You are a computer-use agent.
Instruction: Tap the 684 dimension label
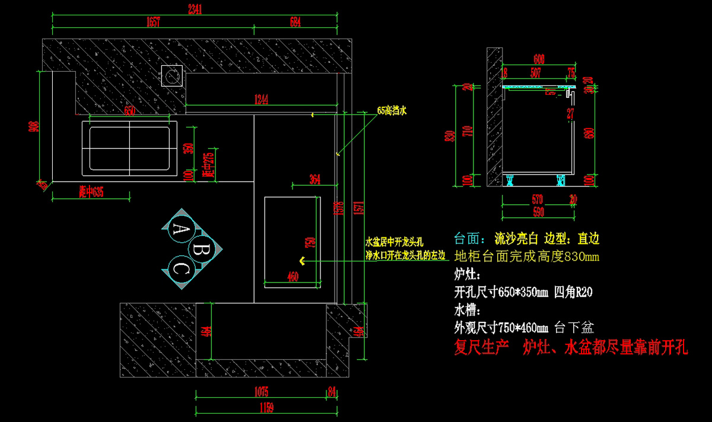(x=295, y=23)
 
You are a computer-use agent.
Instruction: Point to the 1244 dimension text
(x=262, y=99)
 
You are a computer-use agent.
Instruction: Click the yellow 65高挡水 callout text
(x=392, y=110)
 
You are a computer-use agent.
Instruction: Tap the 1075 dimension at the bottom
(x=262, y=392)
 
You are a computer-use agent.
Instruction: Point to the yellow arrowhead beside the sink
(x=302, y=261)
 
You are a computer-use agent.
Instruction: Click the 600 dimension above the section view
(x=539, y=59)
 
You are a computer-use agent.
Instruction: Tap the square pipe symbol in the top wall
(x=172, y=75)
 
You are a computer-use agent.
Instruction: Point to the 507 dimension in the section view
(x=536, y=73)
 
